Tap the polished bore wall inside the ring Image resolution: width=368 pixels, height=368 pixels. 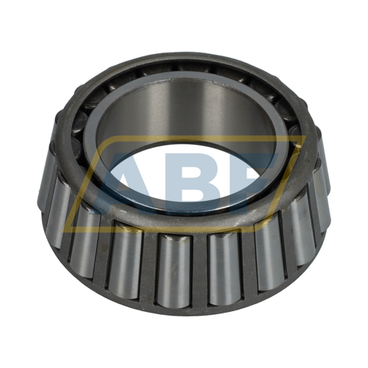(x=184, y=110)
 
